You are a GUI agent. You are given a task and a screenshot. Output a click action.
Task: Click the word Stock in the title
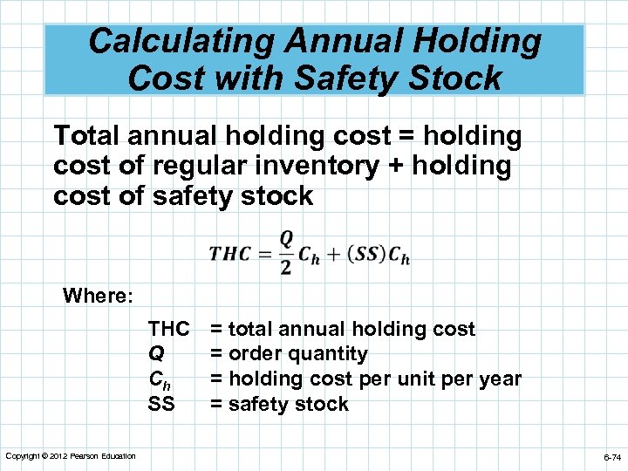(455, 78)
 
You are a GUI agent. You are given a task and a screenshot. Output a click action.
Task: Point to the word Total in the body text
(90, 136)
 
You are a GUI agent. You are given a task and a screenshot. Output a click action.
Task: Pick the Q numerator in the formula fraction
(286, 239)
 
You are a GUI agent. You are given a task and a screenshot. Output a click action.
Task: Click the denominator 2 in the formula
(286, 268)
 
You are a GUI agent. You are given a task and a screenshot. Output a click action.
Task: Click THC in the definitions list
(169, 329)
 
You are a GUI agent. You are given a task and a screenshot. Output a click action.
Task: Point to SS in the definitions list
(162, 404)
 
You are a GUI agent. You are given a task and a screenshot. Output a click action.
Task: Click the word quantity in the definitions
(331, 354)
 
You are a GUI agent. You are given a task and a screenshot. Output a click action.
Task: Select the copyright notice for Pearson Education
(70, 456)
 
